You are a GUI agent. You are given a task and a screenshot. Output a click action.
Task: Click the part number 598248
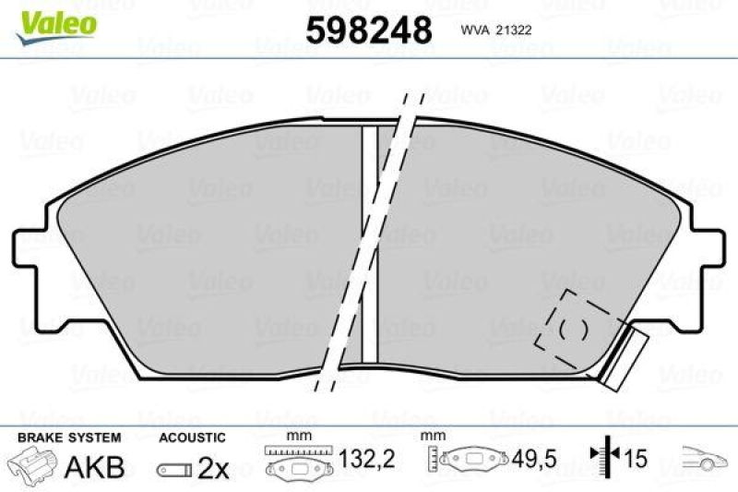[369, 30]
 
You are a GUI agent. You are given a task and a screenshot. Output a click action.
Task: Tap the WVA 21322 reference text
[494, 30]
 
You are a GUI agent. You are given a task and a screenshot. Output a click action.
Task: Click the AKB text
[94, 467]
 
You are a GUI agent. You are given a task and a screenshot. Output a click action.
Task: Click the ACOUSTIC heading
[192, 437]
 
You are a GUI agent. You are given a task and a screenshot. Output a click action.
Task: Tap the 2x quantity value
[214, 468]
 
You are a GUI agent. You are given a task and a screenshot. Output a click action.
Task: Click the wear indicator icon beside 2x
[174, 470]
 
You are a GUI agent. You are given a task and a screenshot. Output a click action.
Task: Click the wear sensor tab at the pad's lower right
[623, 355]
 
